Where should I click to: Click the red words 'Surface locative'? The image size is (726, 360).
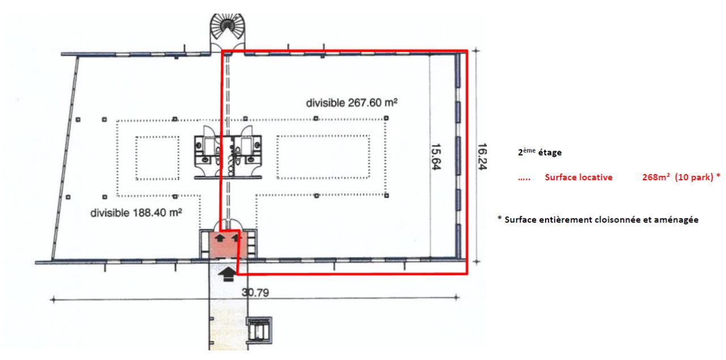click(x=578, y=177)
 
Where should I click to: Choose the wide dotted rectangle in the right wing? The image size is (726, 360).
click(x=323, y=157)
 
